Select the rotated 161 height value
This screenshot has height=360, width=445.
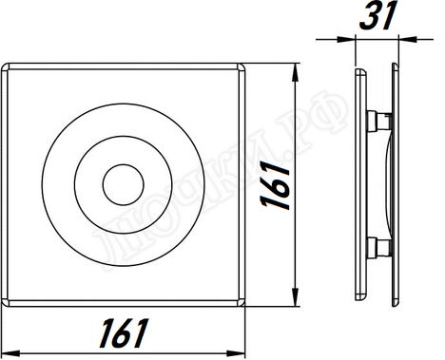click(x=277, y=183)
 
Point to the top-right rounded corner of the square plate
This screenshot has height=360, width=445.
click(x=239, y=68)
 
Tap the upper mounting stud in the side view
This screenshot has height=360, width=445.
click(x=377, y=121)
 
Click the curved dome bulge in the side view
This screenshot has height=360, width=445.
click(x=389, y=184)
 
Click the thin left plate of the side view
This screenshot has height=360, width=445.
click(x=358, y=184)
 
